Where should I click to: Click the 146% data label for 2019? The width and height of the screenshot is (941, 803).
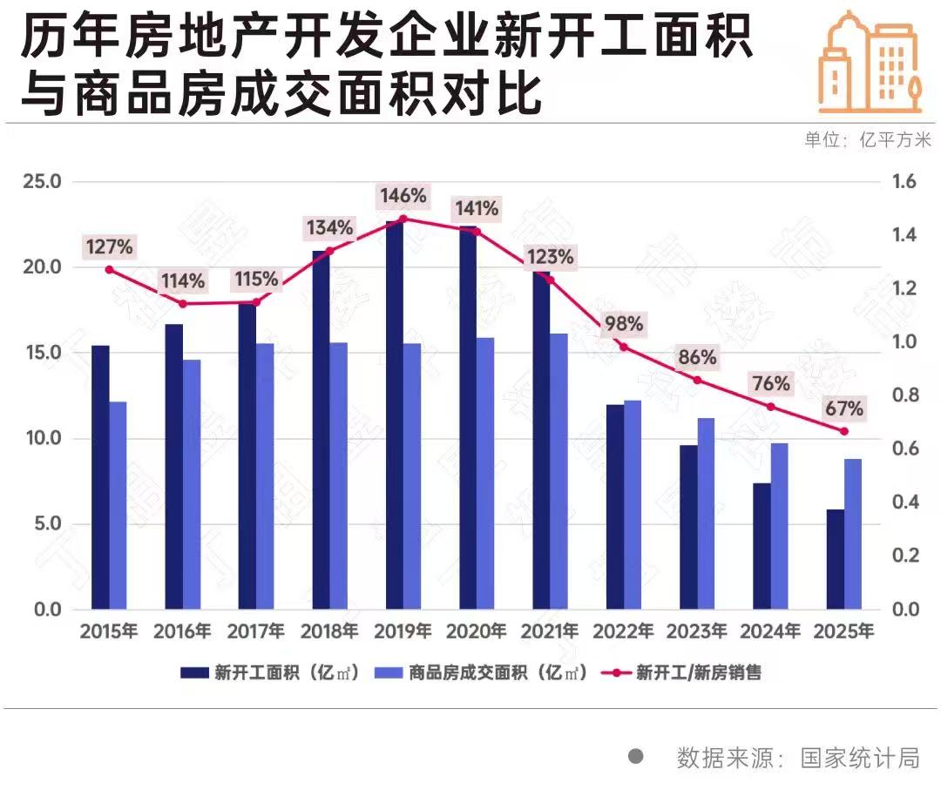[402, 196]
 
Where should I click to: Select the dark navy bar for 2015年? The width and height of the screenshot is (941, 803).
[100, 476]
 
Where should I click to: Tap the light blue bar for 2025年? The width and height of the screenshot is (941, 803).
[853, 533]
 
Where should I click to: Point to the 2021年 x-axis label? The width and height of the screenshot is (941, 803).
[549, 631]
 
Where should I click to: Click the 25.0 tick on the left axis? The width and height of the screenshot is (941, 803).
[41, 182]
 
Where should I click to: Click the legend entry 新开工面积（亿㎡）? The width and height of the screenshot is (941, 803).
[270, 672]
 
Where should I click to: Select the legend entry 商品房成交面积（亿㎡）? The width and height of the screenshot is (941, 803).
[484, 672]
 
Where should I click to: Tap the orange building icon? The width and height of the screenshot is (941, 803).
[869, 63]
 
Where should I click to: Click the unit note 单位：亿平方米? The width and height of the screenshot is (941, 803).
[867, 140]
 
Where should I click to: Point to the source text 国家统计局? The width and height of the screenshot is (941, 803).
[860, 758]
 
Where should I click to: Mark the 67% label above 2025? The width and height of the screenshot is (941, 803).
[843, 408]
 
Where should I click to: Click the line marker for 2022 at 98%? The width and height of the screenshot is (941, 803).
[622, 347]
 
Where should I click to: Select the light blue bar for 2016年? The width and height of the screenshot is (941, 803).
[191, 483]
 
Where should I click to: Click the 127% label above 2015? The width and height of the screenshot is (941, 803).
[109, 247]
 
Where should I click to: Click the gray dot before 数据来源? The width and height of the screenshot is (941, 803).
[636, 757]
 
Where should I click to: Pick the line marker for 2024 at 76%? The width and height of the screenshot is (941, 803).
[770, 407]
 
